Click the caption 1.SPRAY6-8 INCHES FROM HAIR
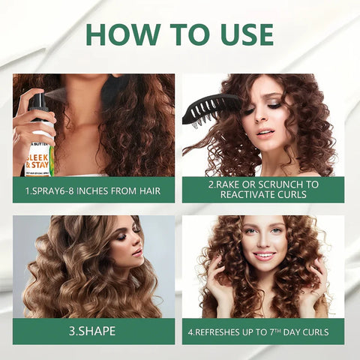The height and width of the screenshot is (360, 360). tap(94, 190)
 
